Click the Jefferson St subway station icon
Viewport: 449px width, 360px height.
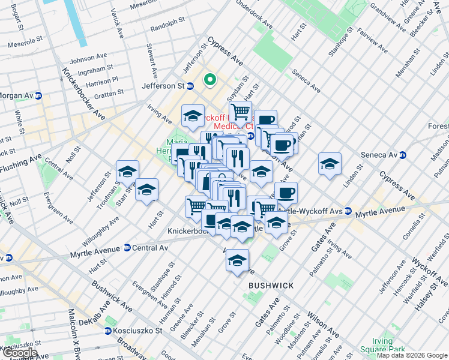point(190,86)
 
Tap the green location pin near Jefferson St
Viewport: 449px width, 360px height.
point(210,79)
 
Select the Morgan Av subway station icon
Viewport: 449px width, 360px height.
point(38,96)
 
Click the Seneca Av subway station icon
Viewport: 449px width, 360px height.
point(403,155)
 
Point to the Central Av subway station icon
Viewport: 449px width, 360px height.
point(127,248)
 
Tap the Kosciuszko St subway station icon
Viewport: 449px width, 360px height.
point(108,331)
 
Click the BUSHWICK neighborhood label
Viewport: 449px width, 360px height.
point(271,286)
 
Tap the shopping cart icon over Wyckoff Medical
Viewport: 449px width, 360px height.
point(240,111)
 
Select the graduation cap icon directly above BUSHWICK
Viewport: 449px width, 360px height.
point(238,260)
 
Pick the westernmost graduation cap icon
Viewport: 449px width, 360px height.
point(127,172)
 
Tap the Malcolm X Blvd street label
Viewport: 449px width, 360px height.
point(74,336)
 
